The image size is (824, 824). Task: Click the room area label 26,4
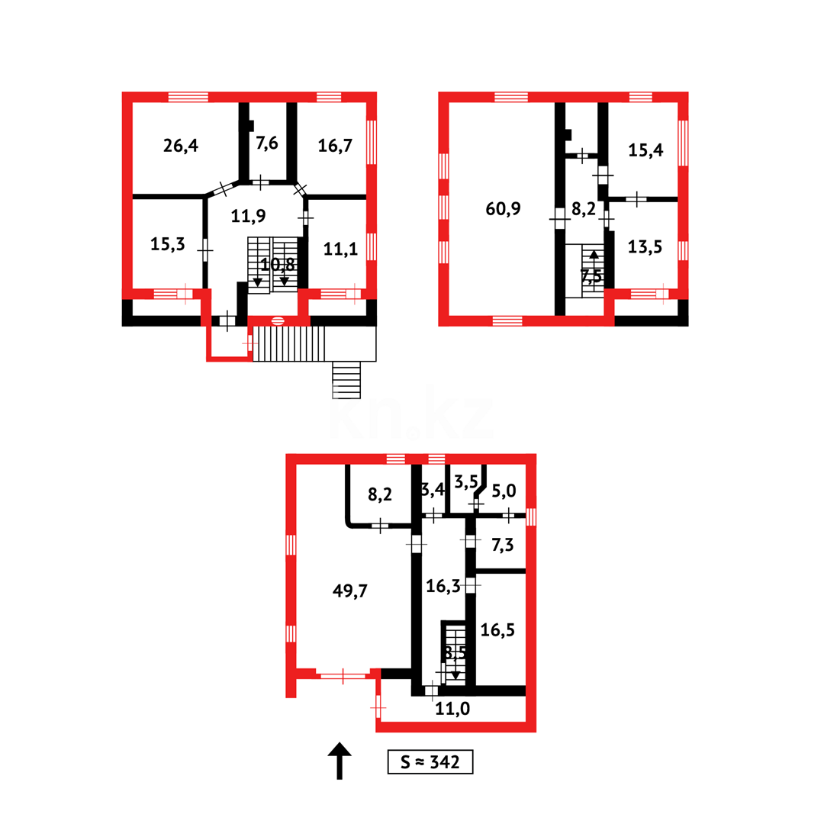181,145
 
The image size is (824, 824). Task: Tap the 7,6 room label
266,144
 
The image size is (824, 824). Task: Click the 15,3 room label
167,245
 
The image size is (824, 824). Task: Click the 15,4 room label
645,150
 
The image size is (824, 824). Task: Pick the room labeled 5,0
504,490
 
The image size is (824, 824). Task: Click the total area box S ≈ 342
430,761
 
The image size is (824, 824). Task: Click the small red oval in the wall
278,320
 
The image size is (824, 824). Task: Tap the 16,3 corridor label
443,586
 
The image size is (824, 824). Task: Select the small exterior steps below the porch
347,380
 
